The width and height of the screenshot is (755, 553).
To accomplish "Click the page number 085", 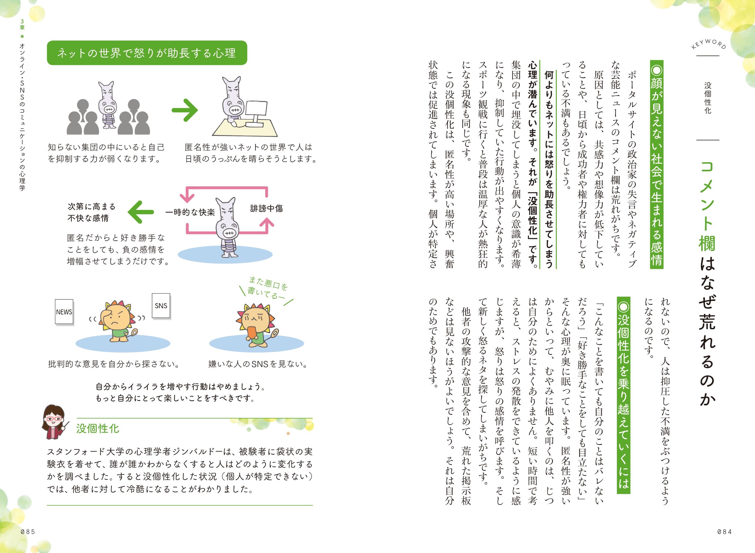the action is (28, 532).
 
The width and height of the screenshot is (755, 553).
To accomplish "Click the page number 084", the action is (724, 532).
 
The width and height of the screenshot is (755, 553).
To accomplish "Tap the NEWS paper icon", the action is (64, 312).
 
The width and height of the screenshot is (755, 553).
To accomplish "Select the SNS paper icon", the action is (161, 306).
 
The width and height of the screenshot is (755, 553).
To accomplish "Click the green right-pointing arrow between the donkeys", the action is (185, 110).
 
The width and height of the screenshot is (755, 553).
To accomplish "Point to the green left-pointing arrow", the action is (141, 212).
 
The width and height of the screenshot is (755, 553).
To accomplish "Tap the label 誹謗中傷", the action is (267, 209).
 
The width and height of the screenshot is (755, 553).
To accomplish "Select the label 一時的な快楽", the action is (190, 212).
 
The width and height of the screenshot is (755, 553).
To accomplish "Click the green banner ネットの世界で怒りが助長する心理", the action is (147, 53).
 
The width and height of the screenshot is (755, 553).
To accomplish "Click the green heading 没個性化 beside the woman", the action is (98, 429).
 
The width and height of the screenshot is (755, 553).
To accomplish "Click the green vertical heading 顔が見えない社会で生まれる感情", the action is (656, 164).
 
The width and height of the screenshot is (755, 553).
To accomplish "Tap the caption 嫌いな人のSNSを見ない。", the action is (258, 364).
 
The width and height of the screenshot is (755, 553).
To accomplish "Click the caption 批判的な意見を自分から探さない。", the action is (114, 364).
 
